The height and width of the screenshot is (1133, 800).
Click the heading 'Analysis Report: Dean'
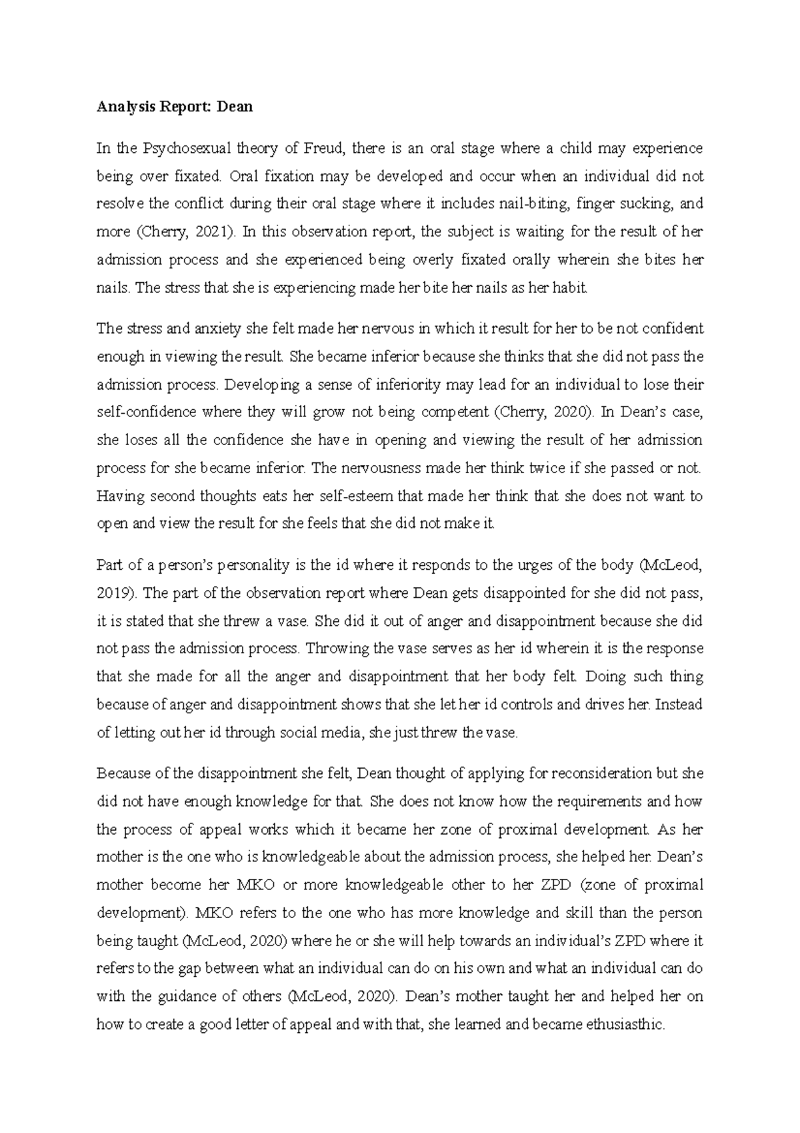tap(175, 107)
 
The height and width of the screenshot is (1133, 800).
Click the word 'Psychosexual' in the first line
tap(172, 148)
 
